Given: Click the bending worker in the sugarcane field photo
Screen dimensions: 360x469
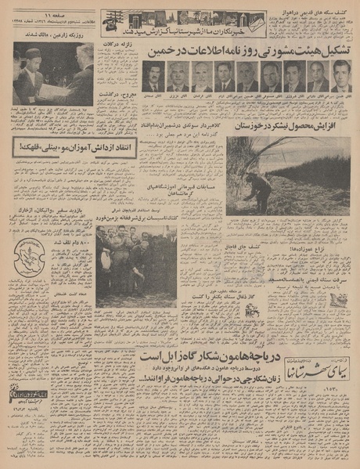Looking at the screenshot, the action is click(261, 189).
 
